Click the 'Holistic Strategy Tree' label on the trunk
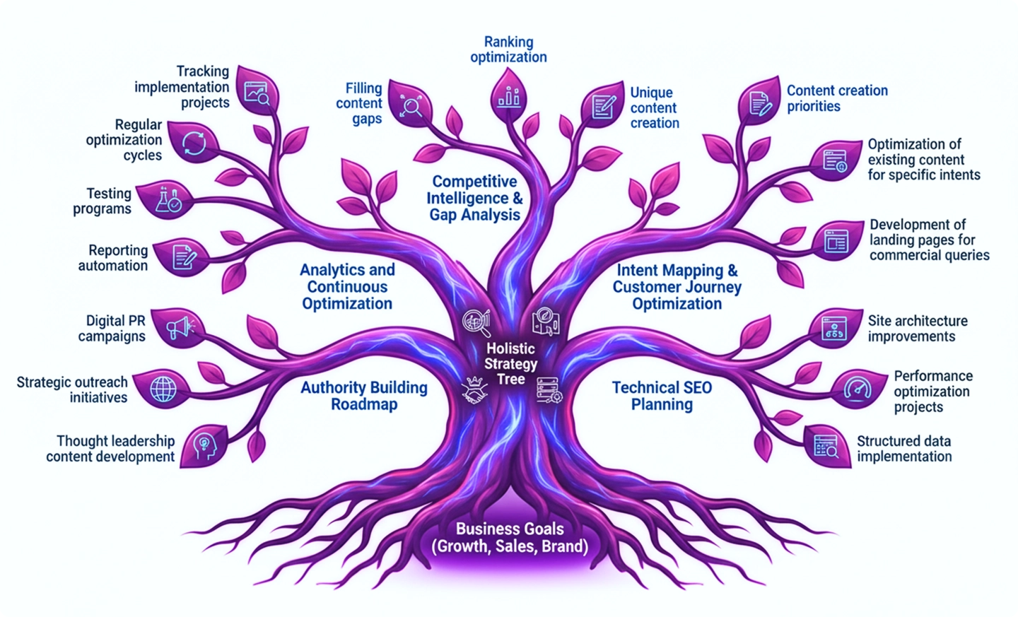coord(510,363)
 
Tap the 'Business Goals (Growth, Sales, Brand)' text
coord(510,538)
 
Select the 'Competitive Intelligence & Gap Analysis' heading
coord(474,199)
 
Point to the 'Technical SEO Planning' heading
coord(662,396)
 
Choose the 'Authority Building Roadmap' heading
coord(364,396)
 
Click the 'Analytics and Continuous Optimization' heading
coord(347,287)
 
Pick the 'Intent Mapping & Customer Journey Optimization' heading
coord(677,287)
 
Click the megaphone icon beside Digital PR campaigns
coord(178,328)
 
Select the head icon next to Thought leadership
coord(203,446)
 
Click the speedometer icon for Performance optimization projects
coord(858,389)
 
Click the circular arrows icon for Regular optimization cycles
coord(193,143)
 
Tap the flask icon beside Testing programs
coord(168,200)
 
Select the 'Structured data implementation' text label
coord(904,449)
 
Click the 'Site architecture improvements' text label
coord(917,329)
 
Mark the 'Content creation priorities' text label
coord(836,98)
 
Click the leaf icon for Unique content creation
coord(603,107)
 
